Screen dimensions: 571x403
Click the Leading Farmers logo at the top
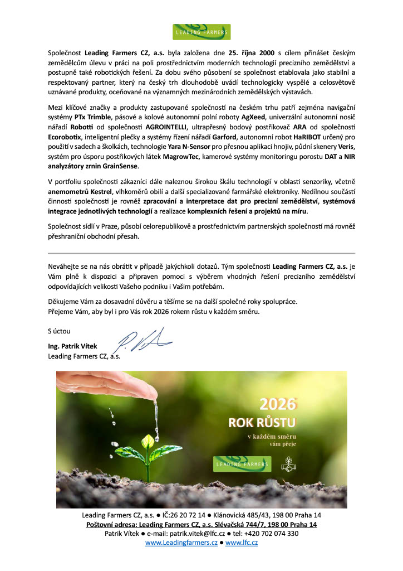(x=201, y=32)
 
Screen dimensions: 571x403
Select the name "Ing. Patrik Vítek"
(x=72, y=346)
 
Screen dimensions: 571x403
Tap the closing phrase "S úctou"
(x=60, y=332)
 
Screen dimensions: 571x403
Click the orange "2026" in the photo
(x=278, y=404)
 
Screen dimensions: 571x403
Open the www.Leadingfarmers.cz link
(x=181, y=543)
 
